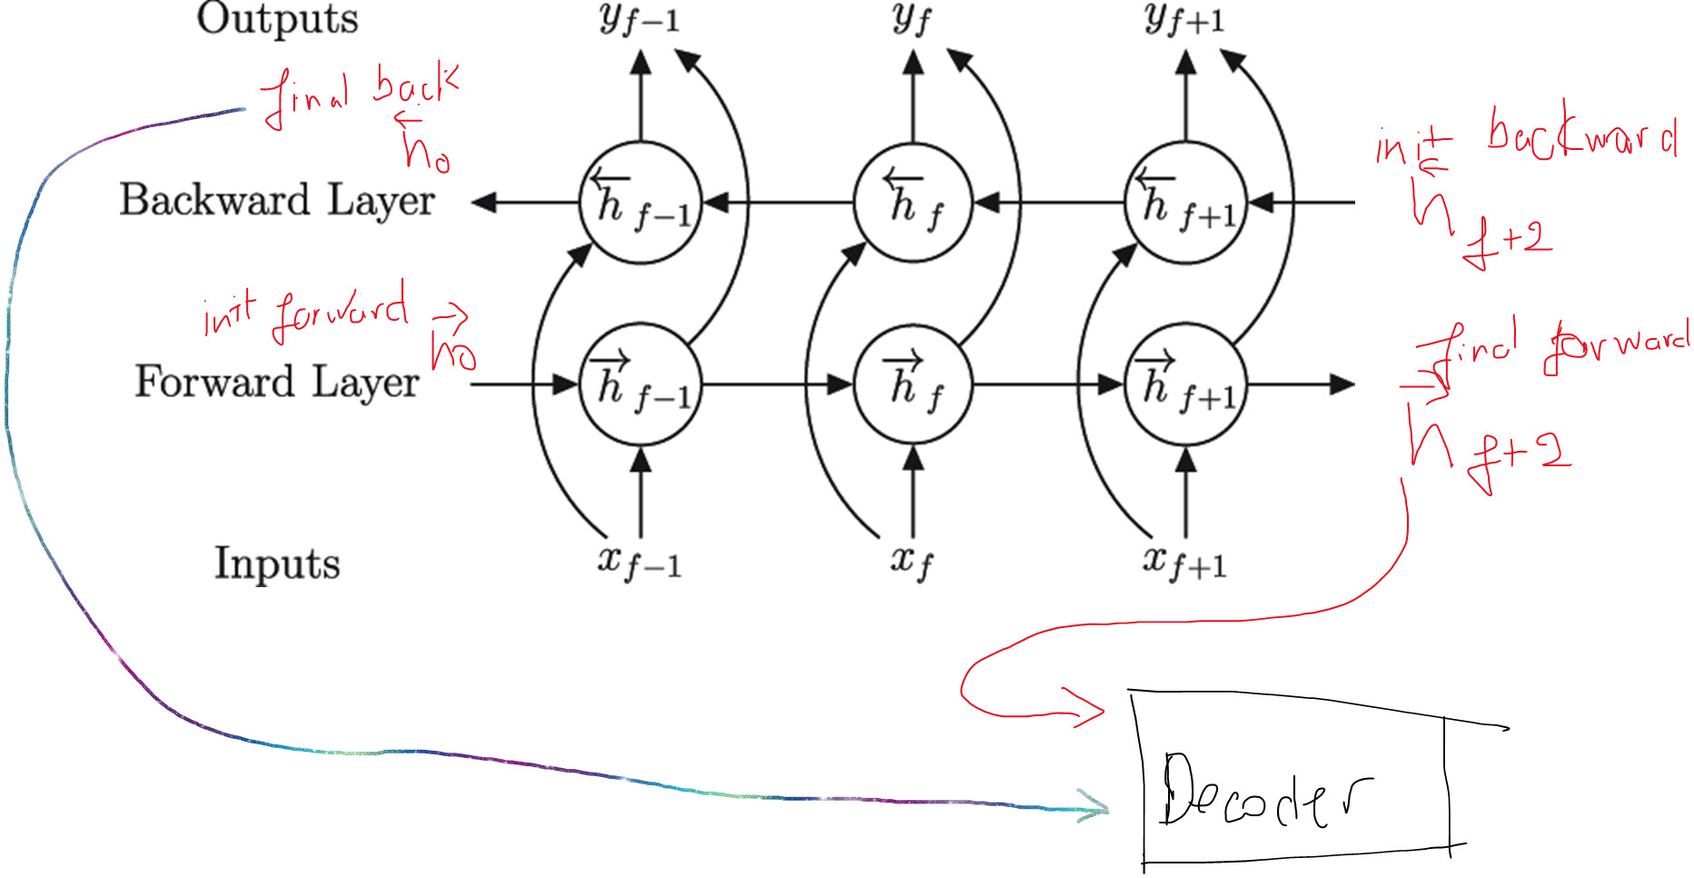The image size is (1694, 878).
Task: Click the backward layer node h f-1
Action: [x=640, y=203]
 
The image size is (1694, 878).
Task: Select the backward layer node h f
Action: [x=913, y=203]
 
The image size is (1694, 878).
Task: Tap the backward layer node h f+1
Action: [x=1185, y=203]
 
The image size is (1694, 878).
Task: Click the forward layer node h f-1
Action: [x=640, y=384]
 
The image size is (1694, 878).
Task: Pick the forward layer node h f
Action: [x=913, y=384]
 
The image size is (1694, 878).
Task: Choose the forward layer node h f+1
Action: [x=1185, y=384]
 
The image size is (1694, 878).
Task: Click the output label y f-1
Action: [x=639, y=18]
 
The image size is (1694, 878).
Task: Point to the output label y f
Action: [x=912, y=18]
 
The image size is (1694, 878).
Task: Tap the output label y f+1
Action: [x=1184, y=18]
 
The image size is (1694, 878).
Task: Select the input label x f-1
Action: [x=639, y=562]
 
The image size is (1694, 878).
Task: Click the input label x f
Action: [x=912, y=562]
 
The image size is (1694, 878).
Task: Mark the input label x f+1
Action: [x=1184, y=562]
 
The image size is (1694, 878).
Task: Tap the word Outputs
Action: [x=278, y=18]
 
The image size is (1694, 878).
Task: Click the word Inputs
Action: [x=277, y=563]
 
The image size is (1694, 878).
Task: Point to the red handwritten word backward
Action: [x=1581, y=136]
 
